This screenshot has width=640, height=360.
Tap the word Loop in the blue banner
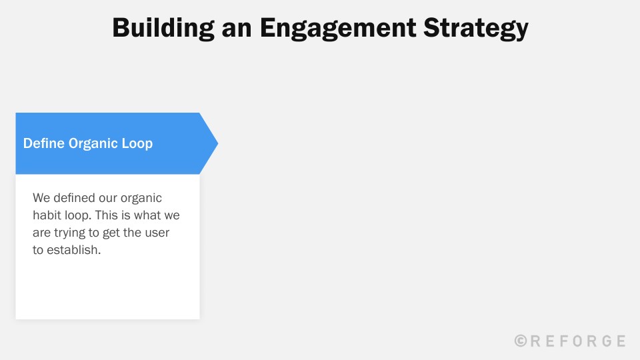[x=137, y=143]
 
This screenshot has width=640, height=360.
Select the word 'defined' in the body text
[x=74, y=198]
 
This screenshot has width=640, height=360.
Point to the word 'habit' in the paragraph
[x=47, y=215]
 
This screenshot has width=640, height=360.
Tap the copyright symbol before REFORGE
[x=521, y=341]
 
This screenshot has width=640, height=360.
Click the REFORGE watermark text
[x=578, y=341]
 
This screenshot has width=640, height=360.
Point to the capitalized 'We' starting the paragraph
[x=41, y=198]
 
